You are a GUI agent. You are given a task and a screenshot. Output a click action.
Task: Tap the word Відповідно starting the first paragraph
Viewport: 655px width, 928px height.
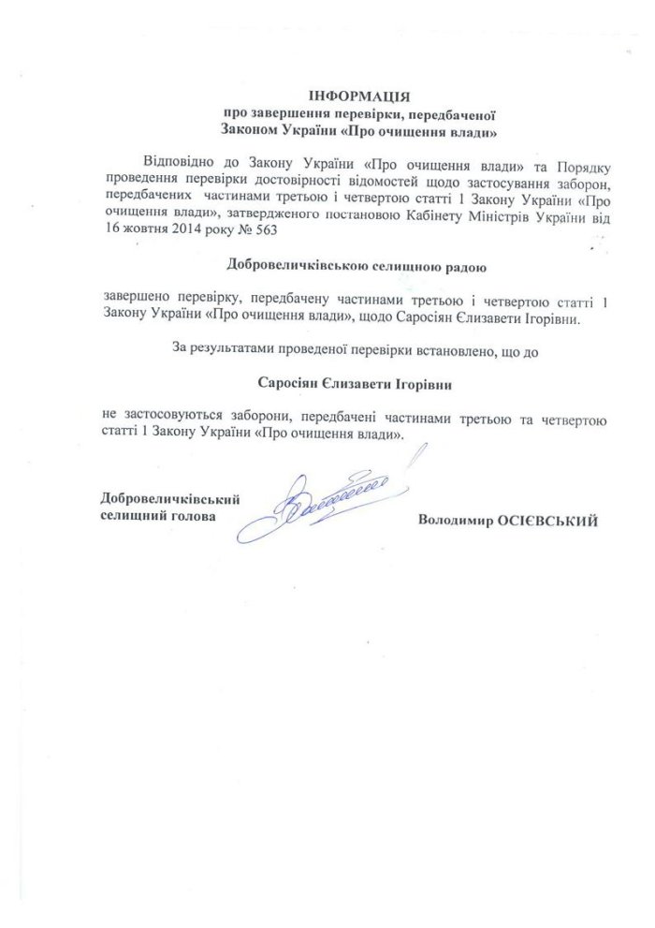coord(178,154)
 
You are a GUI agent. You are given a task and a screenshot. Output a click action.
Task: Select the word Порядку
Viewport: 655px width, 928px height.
coord(583,154)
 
